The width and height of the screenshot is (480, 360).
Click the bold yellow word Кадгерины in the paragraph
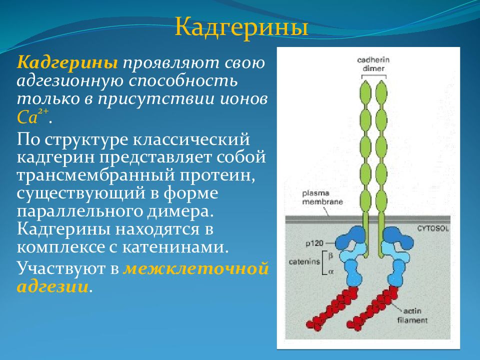(x=67, y=63)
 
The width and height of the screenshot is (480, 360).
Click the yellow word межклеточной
(x=196, y=269)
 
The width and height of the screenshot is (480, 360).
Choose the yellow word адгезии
(x=52, y=287)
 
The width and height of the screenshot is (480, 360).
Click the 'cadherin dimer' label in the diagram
(x=373, y=64)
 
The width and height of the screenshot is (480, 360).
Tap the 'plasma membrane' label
(x=322, y=197)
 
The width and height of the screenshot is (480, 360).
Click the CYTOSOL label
(x=433, y=228)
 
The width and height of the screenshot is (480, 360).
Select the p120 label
(x=314, y=243)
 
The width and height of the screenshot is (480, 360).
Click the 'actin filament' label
(x=412, y=315)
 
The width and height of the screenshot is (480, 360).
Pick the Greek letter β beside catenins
(x=330, y=255)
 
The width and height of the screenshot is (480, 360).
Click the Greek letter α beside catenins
(x=330, y=271)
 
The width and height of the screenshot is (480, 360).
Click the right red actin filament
(x=372, y=308)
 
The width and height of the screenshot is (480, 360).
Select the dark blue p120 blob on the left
(x=351, y=238)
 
